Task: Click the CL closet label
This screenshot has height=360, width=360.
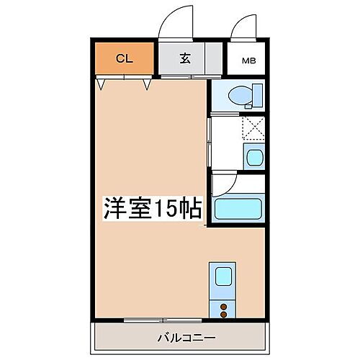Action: [x=124, y=60]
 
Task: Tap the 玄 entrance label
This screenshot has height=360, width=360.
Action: [x=184, y=60]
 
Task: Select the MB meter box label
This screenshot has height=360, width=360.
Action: [x=246, y=60]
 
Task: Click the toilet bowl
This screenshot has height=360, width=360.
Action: [x=238, y=95]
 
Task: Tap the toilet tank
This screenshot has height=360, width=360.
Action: [x=258, y=94]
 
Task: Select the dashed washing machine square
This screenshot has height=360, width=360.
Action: [x=253, y=128]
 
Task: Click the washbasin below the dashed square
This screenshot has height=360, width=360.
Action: [x=254, y=156]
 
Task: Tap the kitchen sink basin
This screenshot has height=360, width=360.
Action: [x=222, y=276]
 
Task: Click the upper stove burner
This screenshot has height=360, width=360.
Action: [x=222, y=306]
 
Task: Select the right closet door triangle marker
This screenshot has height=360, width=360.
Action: [x=147, y=85]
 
